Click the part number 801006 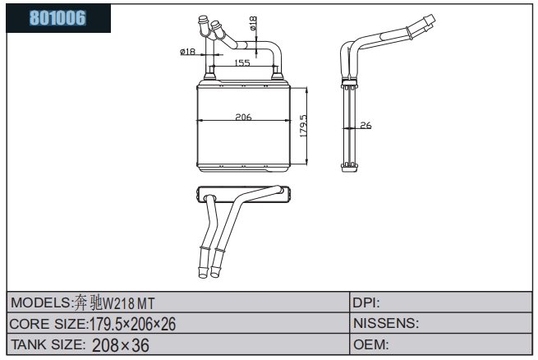pos(57,18)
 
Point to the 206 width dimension pos(243,117)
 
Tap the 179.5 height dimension pos(303,126)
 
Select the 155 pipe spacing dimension pos(242,62)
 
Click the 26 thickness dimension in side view pos(366,125)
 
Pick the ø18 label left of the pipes pos(187,52)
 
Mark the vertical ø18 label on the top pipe pos(253,23)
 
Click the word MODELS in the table pos(41,302)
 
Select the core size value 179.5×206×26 pos(132,324)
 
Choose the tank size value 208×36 pos(121,345)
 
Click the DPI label pos(366,302)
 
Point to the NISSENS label pos(386,323)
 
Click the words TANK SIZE pos(48,344)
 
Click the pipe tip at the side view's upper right pos(430,19)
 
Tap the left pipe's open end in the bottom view pos(203,274)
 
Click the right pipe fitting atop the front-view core pos(277,72)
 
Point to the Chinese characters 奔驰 pos(88,303)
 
